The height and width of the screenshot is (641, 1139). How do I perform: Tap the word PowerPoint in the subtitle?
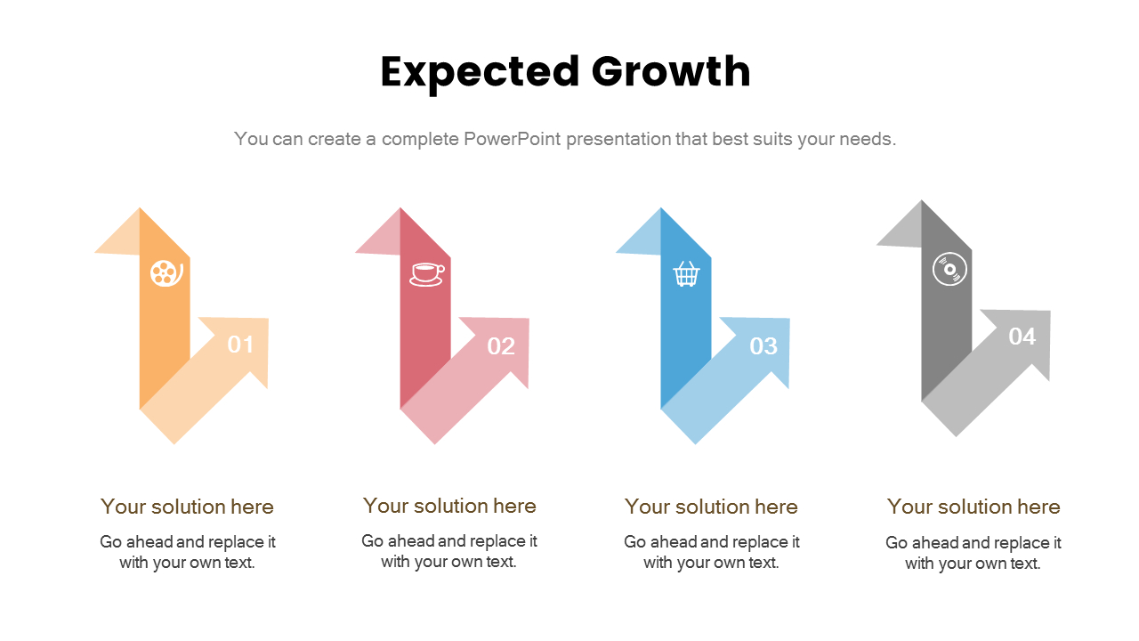tap(512, 139)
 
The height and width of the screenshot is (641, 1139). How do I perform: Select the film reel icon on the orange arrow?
tap(166, 272)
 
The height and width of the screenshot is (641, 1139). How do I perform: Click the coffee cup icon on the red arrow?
tap(426, 273)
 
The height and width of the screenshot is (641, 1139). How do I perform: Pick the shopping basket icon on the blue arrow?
tap(686, 273)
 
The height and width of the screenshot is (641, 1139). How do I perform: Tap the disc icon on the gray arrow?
tap(949, 269)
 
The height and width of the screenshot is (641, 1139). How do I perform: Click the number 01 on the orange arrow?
tap(240, 345)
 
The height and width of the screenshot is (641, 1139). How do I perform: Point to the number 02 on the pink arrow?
tap(501, 346)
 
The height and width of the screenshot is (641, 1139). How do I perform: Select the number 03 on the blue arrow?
tap(763, 346)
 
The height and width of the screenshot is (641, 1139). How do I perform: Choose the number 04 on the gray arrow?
tap(1022, 337)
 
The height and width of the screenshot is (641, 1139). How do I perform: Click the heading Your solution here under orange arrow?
tap(187, 507)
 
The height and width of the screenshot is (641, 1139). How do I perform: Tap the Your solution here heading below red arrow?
tap(449, 506)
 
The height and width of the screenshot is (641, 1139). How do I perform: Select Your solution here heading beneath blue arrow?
tap(711, 507)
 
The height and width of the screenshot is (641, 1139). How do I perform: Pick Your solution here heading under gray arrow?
tap(973, 507)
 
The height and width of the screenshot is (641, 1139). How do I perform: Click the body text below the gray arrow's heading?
tap(973, 553)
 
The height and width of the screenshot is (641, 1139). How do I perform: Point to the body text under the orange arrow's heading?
tap(187, 552)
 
